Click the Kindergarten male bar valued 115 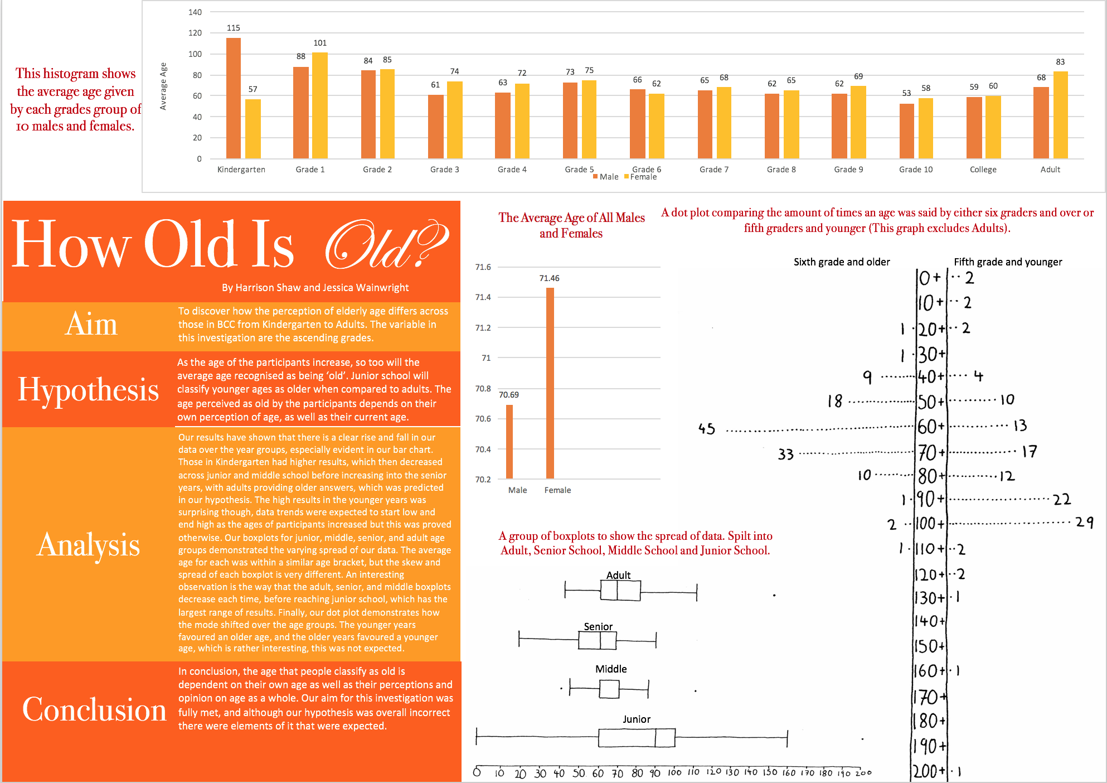tap(234, 98)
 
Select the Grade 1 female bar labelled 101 tap(320, 105)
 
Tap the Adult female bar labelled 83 tap(1060, 115)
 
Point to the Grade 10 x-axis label tap(915, 170)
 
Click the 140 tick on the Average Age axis tap(195, 12)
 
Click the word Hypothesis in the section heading tap(89, 389)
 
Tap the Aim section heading tap(91, 324)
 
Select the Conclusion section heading tap(94, 709)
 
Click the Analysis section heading tap(89, 545)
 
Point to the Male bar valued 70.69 tap(509, 441)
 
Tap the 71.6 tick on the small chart tap(483, 267)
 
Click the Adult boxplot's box tap(620, 590)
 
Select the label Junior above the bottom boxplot tap(637, 719)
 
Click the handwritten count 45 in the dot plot tap(706, 429)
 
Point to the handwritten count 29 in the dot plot tap(1084, 523)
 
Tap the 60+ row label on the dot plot tap(931, 427)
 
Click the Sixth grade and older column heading tap(842, 262)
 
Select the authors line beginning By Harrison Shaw tap(315, 288)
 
